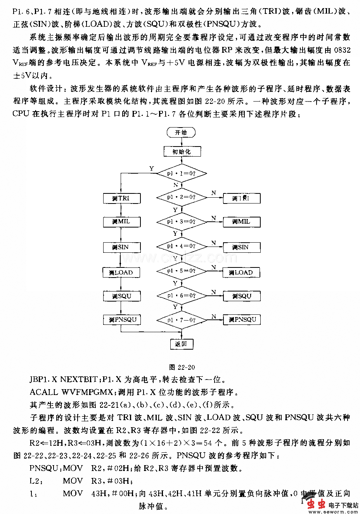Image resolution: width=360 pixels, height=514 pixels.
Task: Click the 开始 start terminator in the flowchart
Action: point(181,132)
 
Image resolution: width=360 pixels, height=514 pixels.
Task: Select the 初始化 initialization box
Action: point(182,152)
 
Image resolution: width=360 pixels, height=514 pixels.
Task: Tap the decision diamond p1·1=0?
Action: point(182,174)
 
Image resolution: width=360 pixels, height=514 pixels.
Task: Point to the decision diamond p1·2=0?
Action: point(182,197)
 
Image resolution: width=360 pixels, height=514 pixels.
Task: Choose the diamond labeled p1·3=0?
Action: point(182,222)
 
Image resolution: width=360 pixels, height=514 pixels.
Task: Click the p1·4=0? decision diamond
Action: point(182,246)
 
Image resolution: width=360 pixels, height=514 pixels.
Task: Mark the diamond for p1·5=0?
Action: point(182,271)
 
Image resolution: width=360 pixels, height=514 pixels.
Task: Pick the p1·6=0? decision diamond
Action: point(182,295)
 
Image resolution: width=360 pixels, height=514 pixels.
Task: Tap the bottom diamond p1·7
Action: point(182,320)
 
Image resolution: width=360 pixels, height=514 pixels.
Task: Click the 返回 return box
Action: point(182,344)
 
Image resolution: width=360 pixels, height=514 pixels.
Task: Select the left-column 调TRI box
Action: point(121,198)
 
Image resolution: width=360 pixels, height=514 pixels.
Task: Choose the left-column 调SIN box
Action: point(121,247)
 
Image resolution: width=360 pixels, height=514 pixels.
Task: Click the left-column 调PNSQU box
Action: point(122,320)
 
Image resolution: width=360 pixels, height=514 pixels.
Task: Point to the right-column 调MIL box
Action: point(242,222)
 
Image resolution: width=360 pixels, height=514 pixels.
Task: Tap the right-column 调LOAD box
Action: point(241,273)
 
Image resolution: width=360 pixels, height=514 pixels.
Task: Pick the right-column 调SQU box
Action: point(242,296)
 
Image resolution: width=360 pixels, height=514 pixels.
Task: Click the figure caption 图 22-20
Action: point(182,367)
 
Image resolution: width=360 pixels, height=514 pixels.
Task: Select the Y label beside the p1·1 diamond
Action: point(152,169)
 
